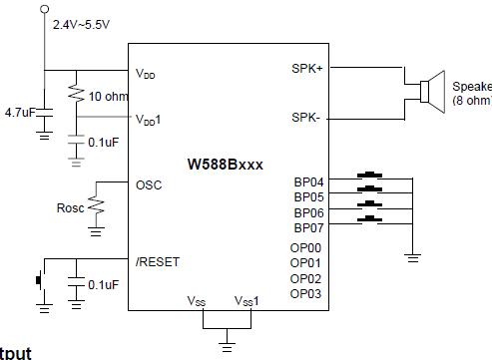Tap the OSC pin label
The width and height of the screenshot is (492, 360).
pos(148,185)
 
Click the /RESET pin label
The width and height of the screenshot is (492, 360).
pos(159,261)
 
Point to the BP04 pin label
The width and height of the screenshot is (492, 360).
pos(308,181)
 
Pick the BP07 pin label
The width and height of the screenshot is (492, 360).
pos(308,227)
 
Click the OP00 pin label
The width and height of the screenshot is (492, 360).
pos(305,247)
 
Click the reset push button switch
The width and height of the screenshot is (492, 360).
pos(40,280)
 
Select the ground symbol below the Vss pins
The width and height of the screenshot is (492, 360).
pos(228,345)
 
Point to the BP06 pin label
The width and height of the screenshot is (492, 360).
pos(308,212)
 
